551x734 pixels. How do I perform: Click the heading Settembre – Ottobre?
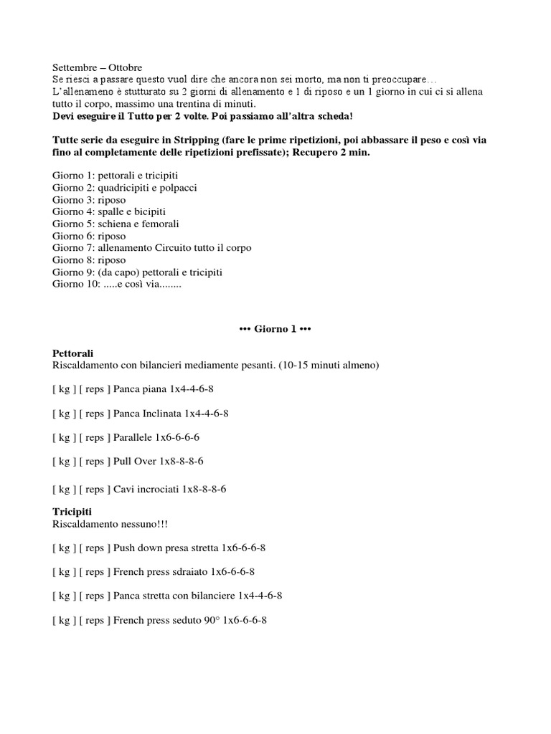pos(98,67)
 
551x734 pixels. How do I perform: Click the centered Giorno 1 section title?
pos(275,329)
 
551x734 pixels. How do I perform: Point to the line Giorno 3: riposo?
pos(89,200)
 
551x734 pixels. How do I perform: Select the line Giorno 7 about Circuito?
pos(152,248)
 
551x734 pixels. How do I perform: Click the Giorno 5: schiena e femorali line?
pos(116,224)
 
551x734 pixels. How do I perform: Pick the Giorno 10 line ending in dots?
pos(118,284)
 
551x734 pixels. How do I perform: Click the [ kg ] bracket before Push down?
pos(64,548)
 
